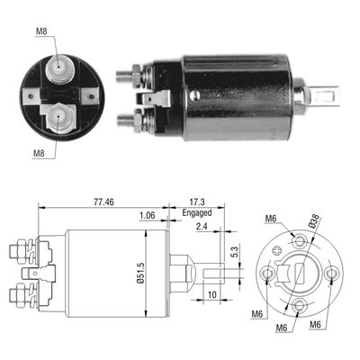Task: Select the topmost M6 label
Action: (270, 220)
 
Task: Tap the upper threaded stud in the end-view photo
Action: (60, 67)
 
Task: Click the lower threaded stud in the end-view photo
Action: (60, 114)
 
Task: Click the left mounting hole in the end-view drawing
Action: (267, 273)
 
